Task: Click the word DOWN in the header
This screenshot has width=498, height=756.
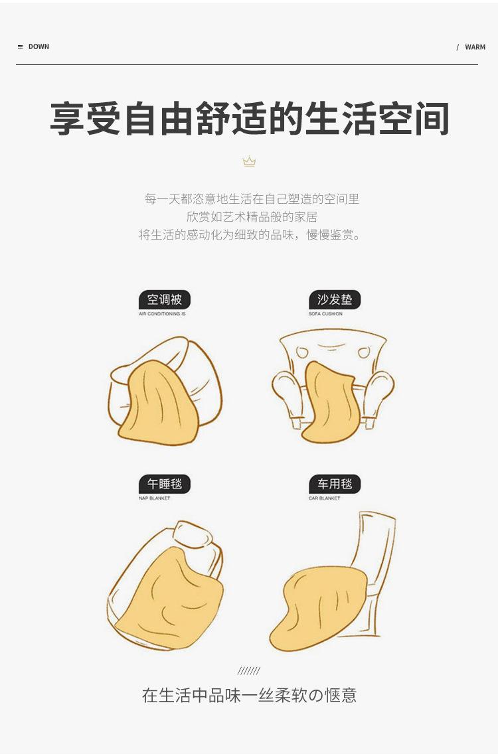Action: coord(39,46)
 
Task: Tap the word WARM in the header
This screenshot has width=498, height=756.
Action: coord(475,47)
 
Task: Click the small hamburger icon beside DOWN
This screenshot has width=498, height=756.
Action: coord(21,46)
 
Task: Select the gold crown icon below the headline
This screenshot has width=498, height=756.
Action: coord(249,161)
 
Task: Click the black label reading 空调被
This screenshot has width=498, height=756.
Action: coord(165,300)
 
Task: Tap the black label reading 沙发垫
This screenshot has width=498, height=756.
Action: coord(335,300)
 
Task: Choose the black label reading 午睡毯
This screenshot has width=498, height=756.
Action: coord(165,484)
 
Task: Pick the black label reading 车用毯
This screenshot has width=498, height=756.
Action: coord(335,484)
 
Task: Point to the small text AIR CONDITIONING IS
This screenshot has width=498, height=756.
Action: coord(162,314)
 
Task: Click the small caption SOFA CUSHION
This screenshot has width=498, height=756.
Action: coord(326,314)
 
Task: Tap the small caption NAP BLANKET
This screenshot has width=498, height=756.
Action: coord(155,498)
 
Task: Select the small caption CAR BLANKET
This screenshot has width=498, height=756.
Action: coord(324,498)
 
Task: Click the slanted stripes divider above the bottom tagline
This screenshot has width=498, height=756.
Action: coord(249,670)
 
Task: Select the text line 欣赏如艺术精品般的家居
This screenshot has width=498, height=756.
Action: coord(252,217)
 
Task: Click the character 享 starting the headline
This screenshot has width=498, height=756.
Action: coord(68,119)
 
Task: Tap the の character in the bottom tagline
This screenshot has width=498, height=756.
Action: coord(315,695)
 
